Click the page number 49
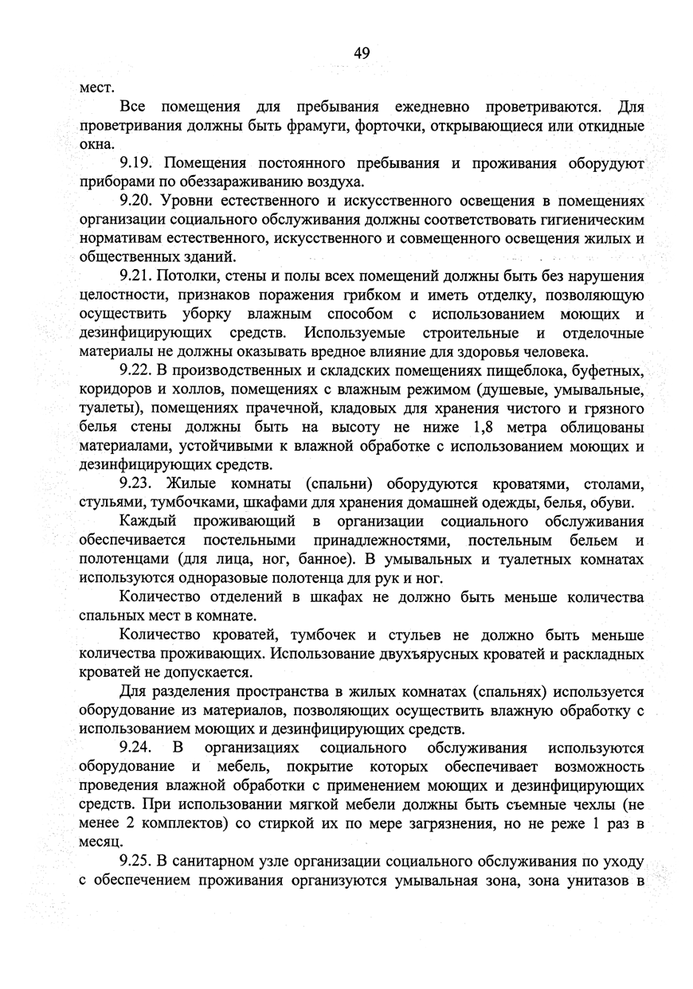click(x=362, y=53)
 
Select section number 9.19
click(x=137, y=163)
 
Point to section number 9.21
click(x=137, y=276)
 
